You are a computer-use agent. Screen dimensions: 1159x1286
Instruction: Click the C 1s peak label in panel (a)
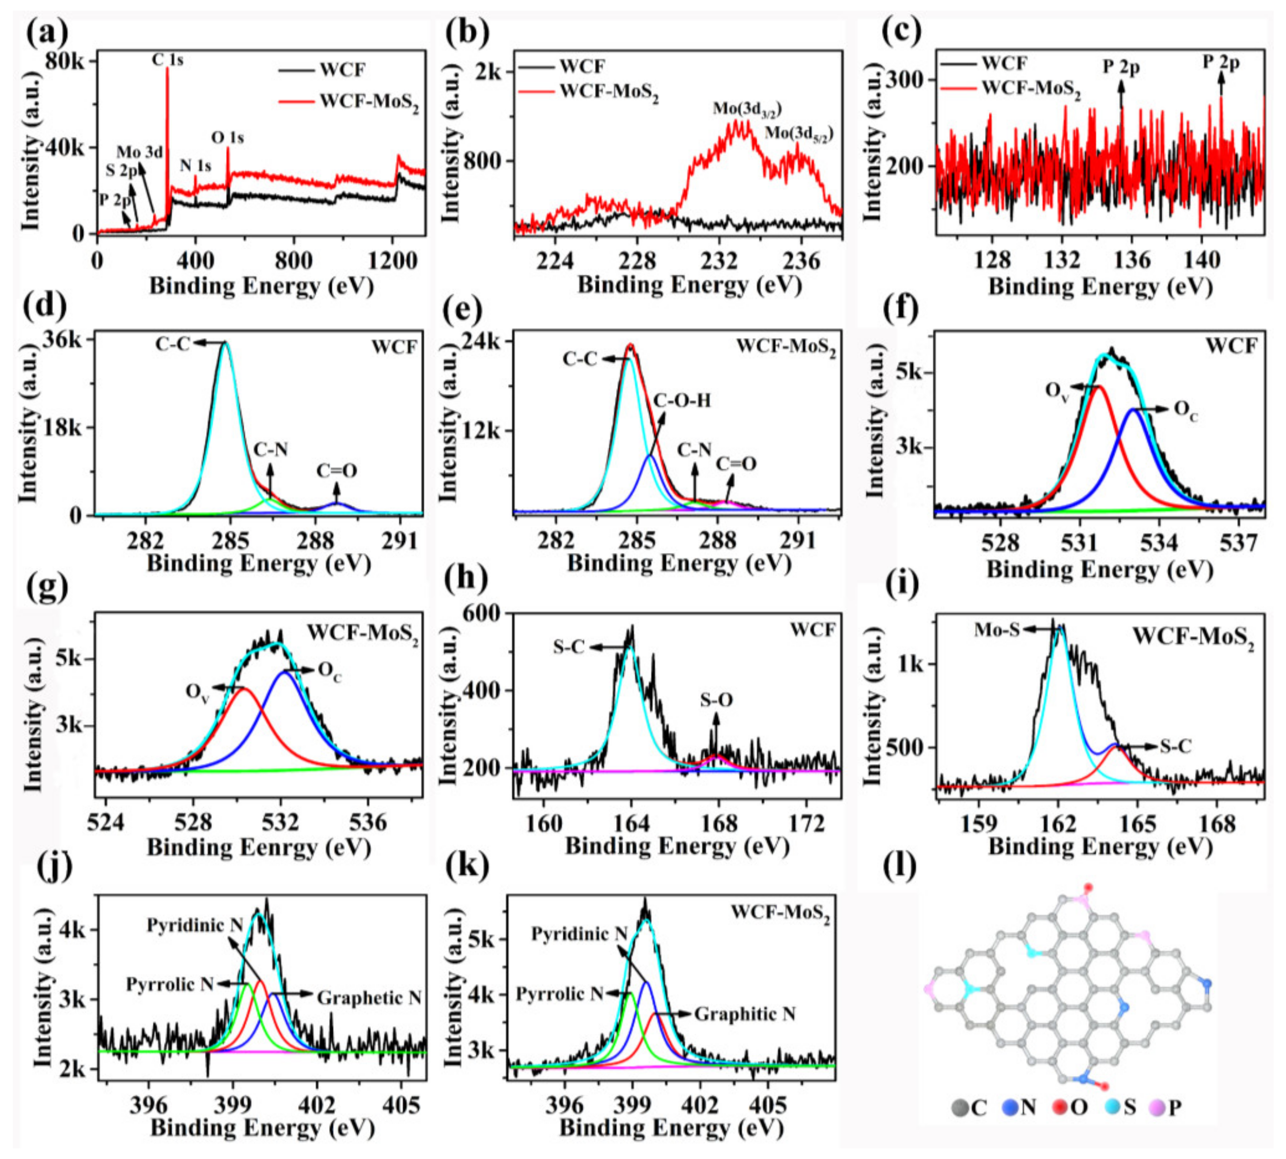pyautogui.click(x=167, y=61)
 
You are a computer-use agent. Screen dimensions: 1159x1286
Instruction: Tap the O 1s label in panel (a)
pyautogui.click(x=228, y=137)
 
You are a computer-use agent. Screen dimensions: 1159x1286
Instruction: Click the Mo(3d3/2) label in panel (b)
pyautogui.click(x=747, y=108)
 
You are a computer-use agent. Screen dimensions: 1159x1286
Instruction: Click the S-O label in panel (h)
pyautogui.click(x=716, y=701)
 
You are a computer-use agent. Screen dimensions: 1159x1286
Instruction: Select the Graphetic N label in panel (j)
pyautogui.click(x=369, y=998)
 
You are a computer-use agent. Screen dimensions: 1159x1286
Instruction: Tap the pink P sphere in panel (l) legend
pyautogui.click(x=1157, y=1107)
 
